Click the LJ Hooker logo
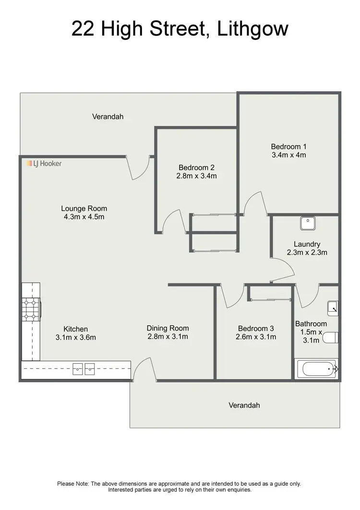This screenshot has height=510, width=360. (x=44, y=164)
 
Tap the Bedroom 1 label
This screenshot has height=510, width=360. (x=288, y=146)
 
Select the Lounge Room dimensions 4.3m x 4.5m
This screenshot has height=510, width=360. (x=84, y=217)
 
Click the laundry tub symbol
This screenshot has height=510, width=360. (x=307, y=223)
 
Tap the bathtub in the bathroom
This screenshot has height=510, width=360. (x=316, y=369)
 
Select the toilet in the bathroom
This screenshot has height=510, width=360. (x=331, y=338)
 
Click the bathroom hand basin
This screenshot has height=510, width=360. (x=333, y=307)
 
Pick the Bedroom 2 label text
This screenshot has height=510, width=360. (x=196, y=167)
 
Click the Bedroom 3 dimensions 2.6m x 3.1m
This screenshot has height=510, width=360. (x=256, y=337)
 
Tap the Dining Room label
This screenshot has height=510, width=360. (x=168, y=328)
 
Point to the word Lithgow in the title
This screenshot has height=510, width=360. (x=252, y=29)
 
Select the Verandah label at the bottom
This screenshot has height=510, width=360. (x=244, y=405)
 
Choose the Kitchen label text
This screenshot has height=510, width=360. (x=76, y=329)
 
